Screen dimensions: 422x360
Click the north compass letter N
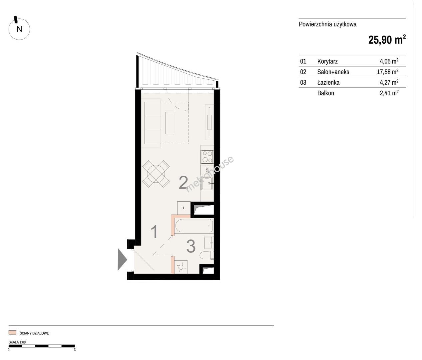tap(19, 29)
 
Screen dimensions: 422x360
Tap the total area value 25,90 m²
tap(387, 40)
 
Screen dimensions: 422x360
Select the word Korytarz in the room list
tap(327, 61)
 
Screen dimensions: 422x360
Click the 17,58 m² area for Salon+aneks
tap(387, 72)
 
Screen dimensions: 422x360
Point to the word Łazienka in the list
tap(328, 82)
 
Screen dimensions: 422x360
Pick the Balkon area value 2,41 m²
tap(389, 93)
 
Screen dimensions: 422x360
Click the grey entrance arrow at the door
tap(122, 259)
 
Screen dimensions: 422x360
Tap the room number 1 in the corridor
tap(154, 231)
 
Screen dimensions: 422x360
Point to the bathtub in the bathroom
tap(194, 226)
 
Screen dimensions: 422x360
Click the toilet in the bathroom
tap(207, 255)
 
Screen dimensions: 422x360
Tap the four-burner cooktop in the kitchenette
tap(207, 157)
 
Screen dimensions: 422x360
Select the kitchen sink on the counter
tap(207, 183)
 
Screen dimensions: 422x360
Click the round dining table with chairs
tap(156, 174)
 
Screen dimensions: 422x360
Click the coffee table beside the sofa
tap(170, 123)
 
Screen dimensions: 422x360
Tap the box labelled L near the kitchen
tap(184, 208)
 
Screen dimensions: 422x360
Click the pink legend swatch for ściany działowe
tap(12, 332)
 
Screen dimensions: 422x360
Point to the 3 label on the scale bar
tap(75, 350)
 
